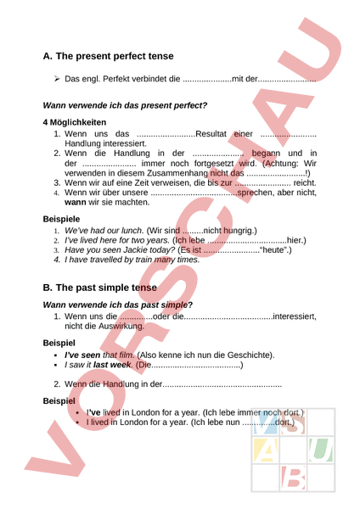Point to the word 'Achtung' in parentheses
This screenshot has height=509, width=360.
(x=279, y=163)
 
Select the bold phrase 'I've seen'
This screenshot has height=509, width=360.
(x=82, y=354)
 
